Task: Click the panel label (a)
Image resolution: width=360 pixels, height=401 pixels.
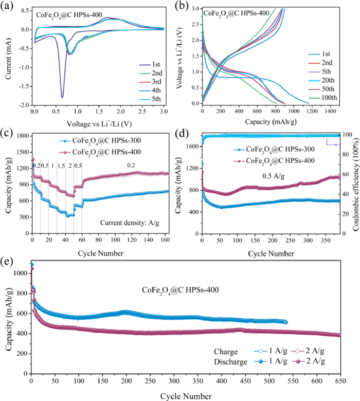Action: [x=8, y=6]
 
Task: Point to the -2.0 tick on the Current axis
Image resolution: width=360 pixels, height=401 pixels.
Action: [x=23, y=105]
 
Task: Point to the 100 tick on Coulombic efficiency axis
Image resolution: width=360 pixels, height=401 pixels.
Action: [x=345, y=135]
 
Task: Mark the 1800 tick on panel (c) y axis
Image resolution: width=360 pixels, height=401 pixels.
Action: [x=21, y=135]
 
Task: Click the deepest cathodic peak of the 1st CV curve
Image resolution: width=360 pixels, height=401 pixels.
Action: [x=62, y=97]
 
